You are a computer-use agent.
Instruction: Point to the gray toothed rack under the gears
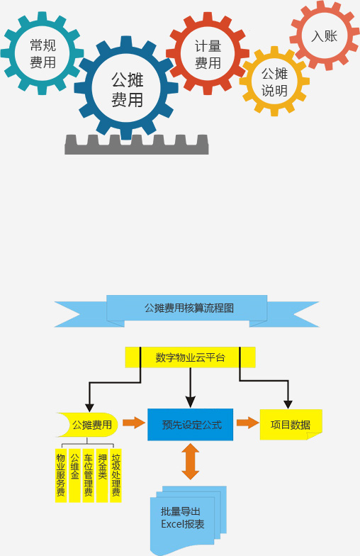click(136, 149)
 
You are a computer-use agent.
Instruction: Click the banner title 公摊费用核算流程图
click(189, 308)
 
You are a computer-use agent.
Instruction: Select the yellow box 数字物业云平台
click(190, 357)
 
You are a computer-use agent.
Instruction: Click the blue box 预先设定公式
click(190, 424)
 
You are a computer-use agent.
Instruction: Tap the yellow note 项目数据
click(291, 424)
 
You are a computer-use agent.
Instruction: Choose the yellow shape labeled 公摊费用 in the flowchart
click(89, 424)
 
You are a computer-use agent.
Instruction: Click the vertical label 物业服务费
click(61, 475)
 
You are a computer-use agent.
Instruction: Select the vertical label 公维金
click(74, 475)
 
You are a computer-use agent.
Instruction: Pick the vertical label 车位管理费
click(88, 475)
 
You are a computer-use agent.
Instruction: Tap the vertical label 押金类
click(102, 475)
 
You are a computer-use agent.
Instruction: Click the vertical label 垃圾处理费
click(116, 475)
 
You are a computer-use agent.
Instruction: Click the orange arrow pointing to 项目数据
click(248, 423)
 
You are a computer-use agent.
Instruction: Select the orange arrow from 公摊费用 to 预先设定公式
click(134, 423)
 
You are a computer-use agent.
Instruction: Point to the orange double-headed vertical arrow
click(190, 461)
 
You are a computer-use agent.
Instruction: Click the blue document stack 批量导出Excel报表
click(188, 518)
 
